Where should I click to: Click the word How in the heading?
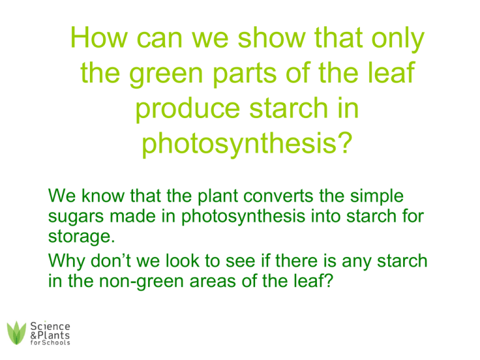point(99,37)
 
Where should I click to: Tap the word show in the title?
point(271,37)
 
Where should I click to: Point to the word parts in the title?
point(244,74)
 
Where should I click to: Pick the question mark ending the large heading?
point(346,142)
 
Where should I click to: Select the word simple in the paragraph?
point(376,196)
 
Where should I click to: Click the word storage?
point(81,237)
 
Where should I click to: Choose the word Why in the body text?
point(66,261)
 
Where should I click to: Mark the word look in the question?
point(182,261)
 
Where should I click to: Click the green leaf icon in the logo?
point(16,332)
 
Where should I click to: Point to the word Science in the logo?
point(50,326)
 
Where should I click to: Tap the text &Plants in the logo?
point(50,335)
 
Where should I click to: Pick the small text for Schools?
point(50,342)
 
